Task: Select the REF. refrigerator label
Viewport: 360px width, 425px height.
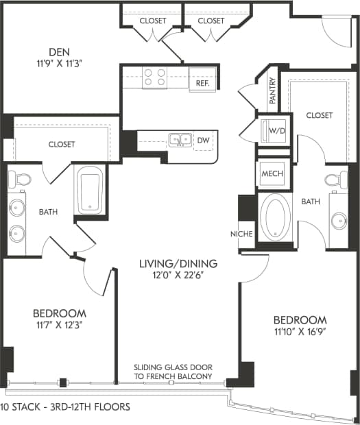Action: pyautogui.click(x=202, y=83)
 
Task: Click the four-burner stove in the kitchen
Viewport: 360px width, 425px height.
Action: pyautogui.click(x=156, y=77)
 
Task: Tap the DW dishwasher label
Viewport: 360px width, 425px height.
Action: pyautogui.click(x=203, y=141)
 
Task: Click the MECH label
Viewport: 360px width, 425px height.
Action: pyautogui.click(x=272, y=174)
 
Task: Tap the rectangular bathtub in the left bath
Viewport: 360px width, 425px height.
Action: pyautogui.click(x=89, y=190)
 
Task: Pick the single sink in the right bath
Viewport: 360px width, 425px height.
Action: pyautogui.click(x=338, y=221)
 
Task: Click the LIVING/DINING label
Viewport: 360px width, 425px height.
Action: pyautogui.click(x=178, y=263)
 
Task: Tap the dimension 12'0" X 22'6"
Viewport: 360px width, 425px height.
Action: pyautogui.click(x=178, y=275)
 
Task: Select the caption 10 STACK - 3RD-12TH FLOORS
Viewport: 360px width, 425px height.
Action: pyautogui.click(x=65, y=407)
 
